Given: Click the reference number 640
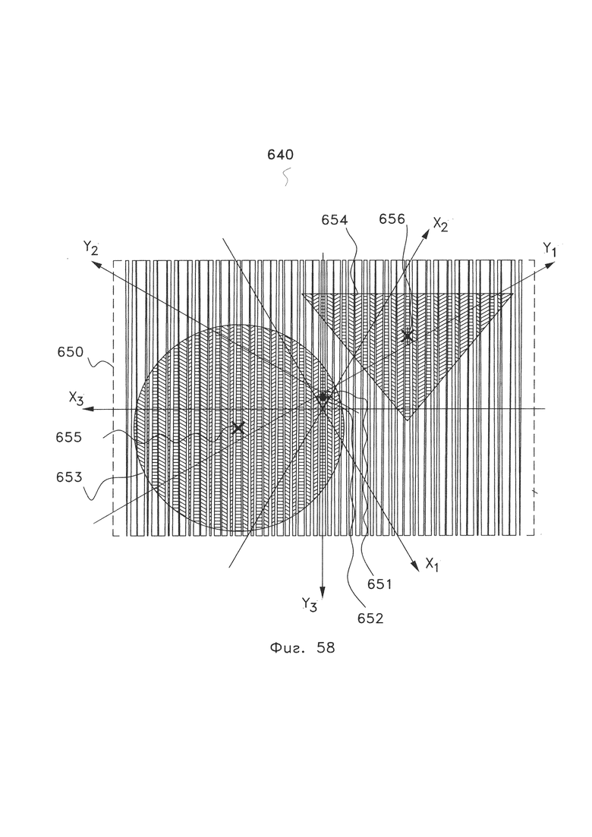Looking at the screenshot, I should click(x=280, y=154).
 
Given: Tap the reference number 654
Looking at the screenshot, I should click(x=334, y=220).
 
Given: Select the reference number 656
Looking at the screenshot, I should click(x=392, y=219).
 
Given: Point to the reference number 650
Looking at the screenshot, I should click(x=71, y=353).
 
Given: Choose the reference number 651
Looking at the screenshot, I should click(x=379, y=584).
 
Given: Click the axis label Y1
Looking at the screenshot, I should click(x=550, y=248).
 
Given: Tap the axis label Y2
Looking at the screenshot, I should click(x=92, y=247).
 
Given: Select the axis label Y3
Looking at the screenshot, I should click(x=309, y=604).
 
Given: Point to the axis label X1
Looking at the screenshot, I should click(x=433, y=564).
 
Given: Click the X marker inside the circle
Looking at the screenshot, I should click(x=238, y=428).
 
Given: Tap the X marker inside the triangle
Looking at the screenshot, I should click(x=408, y=335).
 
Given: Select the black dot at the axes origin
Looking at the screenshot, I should click(x=323, y=397).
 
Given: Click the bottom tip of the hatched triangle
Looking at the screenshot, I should click(x=408, y=420).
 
